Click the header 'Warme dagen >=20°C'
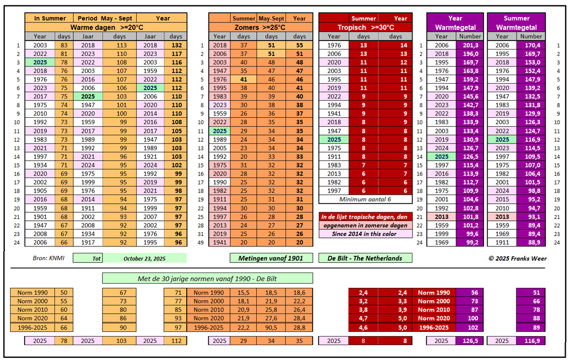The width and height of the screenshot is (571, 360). point(107,27)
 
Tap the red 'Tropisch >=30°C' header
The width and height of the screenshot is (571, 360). point(366,27)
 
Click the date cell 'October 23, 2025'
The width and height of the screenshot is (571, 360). point(145,258)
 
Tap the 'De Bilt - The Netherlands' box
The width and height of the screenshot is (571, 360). point(366,258)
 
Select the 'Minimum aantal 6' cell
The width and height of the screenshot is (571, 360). point(366,199)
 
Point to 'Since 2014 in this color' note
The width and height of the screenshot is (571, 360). point(366,234)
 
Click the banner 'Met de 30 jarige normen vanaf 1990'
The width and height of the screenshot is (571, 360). point(208,278)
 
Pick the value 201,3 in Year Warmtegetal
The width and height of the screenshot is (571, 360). point(470,45)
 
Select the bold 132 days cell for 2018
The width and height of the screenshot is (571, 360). point(176,45)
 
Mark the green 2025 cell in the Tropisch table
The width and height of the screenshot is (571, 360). point(334,140)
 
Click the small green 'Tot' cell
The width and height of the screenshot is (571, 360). point(88,258)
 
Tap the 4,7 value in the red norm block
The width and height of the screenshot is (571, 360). point(362,318)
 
